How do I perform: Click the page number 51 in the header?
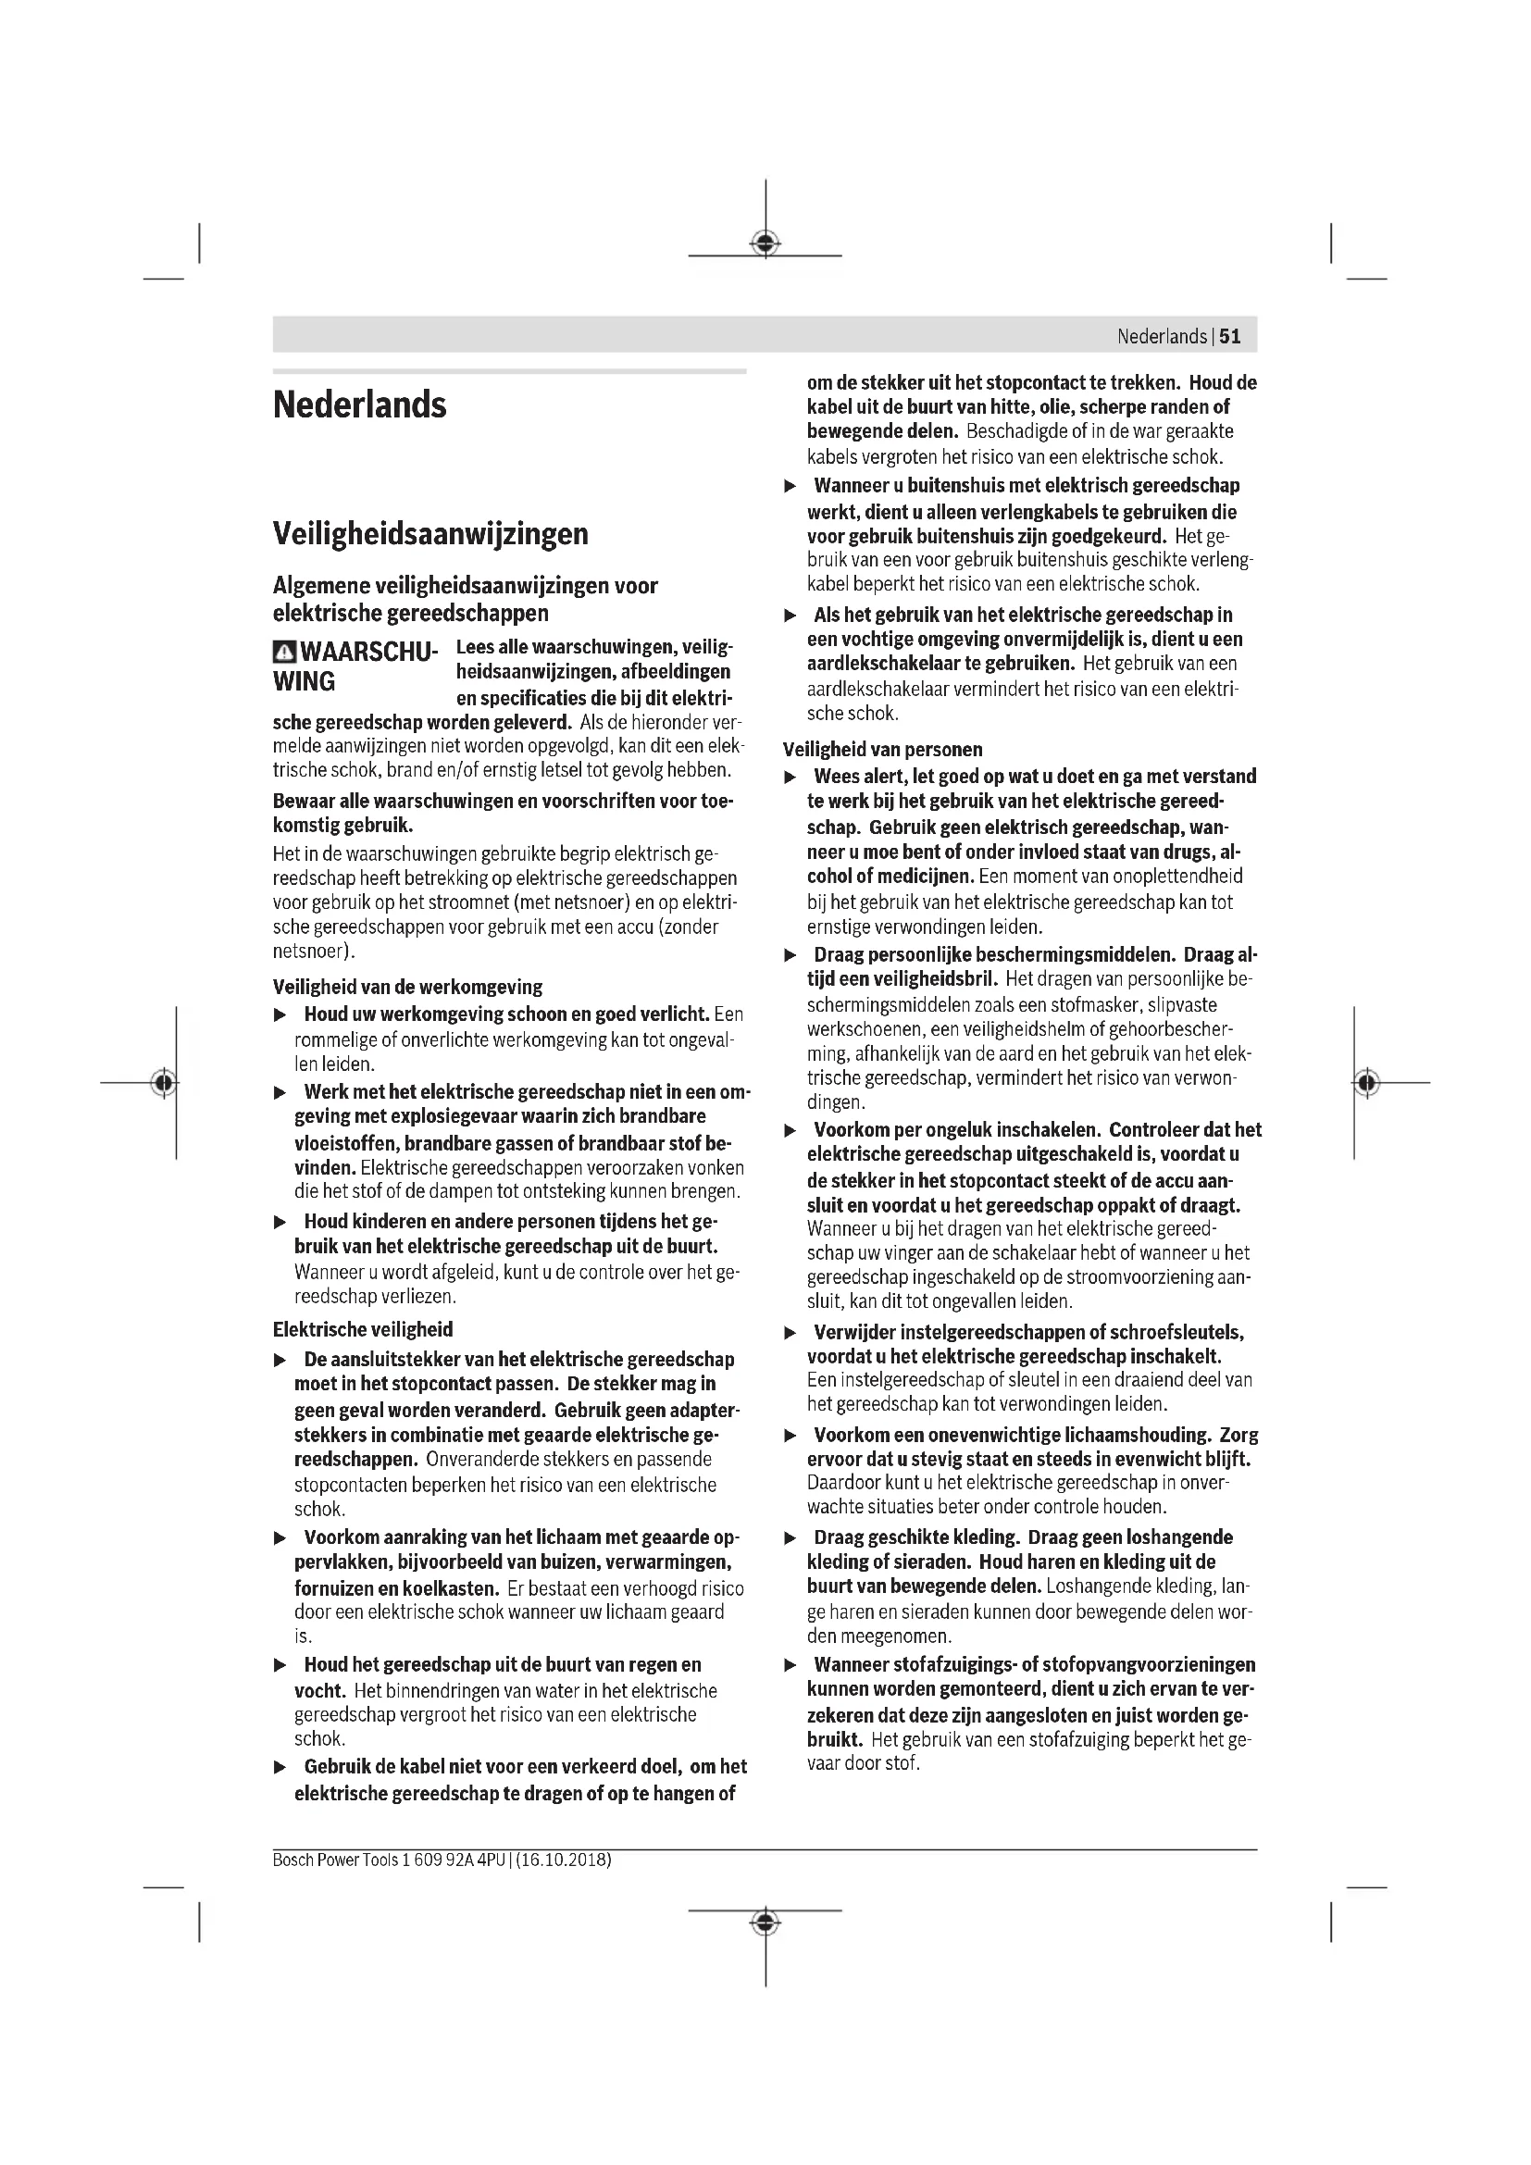coord(1230,337)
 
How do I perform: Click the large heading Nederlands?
coord(359,404)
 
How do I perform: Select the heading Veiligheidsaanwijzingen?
coord(429,534)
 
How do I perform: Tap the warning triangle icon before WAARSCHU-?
coord(284,652)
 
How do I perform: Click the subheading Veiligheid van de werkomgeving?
coord(407,988)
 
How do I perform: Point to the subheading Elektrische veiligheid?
coord(362,1329)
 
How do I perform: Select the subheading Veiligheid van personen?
coord(882,750)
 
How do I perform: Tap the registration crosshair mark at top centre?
coord(765,244)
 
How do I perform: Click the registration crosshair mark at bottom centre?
coord(765,1922)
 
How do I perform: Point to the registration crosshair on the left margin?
coord(164,1083)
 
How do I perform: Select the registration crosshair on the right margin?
coord(1366,1083)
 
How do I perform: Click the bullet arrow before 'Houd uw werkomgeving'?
coord(279,1015)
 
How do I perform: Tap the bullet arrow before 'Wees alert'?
coord(790,778)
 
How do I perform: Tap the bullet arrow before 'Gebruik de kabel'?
coord(279,1768)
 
